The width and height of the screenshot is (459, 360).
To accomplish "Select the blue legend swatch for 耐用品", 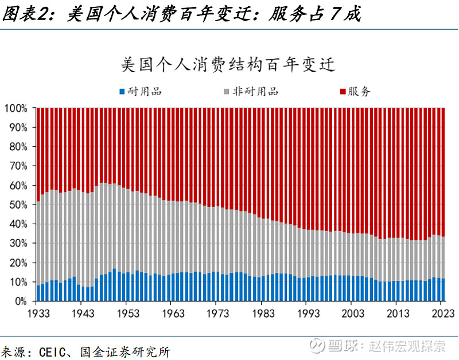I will [122, 92].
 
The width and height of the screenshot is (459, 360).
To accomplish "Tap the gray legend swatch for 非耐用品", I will [227, 92].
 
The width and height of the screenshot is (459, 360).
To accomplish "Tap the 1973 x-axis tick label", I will [219, 314].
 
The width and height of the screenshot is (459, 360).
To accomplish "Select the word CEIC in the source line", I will [56, 350].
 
